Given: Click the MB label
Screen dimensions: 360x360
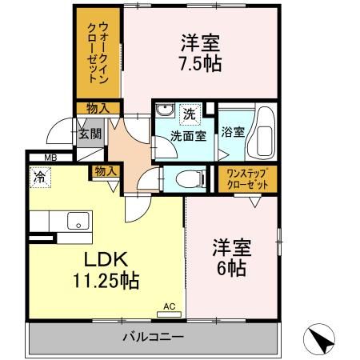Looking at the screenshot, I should pyautogui.click(x=49, y=158).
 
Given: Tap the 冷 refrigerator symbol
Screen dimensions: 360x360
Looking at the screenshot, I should pyautogui.click(x=38, y=173).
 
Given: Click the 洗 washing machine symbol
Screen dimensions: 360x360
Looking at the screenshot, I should pyautogui.click(x=189, y=113).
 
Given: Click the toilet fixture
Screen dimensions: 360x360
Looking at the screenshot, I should pyautogui.click(x=176, y=178).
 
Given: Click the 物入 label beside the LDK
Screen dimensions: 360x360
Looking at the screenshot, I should pyautogui.click(x=105, y=170).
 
